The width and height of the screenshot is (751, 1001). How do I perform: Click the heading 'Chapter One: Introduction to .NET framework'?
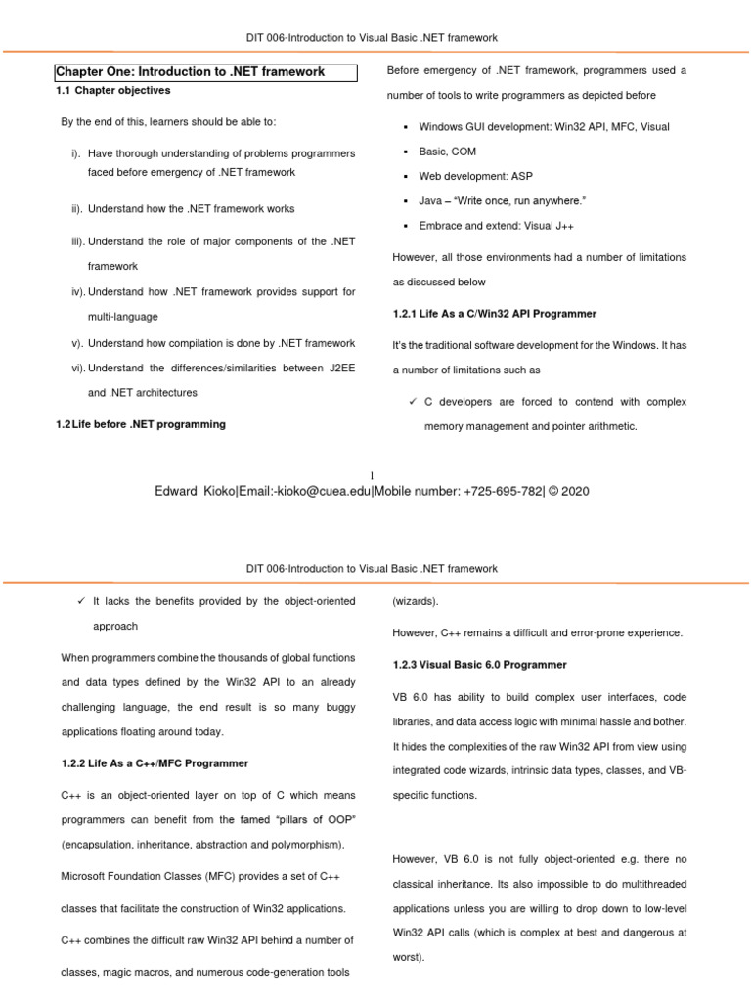tap(190, 72)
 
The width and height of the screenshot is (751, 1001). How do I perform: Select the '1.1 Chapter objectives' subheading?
tap(112, 91)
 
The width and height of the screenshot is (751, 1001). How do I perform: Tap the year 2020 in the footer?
tap(573, 491)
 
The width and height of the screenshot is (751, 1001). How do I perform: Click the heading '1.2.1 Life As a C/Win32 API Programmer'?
tap(494, 314)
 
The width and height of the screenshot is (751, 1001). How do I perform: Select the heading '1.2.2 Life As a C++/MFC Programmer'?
tap(155, 762)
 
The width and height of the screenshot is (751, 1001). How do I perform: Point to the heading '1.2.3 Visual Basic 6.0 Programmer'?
tap(479, 665)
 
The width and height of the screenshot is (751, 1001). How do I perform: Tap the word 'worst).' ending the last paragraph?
tap(408, 957)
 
